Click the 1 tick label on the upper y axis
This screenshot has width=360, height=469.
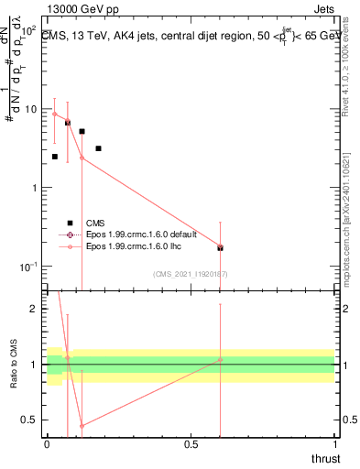pyautogui.click(x=35, y=188)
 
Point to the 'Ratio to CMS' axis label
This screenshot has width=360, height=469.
pyautogui.click(x=13, y=364)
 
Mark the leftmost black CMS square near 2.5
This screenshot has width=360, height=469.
pyautogui.click(x=55, y=157)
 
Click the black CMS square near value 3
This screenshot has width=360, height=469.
pyautogui.click(x=98, y=148)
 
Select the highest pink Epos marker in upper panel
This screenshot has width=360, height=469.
pyautogui.click(x=55, y=115)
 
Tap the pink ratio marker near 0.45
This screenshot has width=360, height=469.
pyautogui.click(x=82, y=426)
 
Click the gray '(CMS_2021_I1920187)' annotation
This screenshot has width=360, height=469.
pyautogui.click(x=191, y=274)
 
